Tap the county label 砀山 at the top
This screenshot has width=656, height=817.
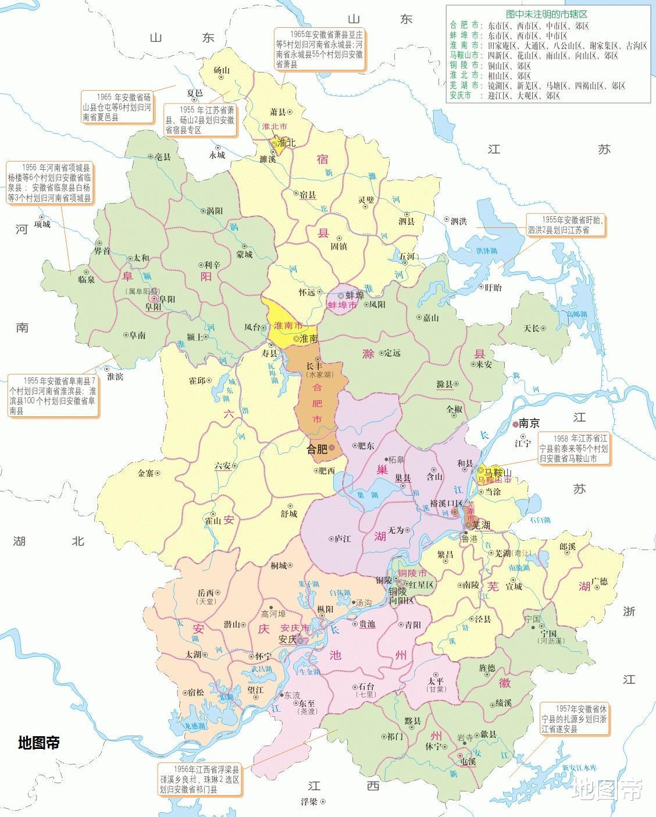coord(222,70)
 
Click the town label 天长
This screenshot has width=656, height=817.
coord(531,328)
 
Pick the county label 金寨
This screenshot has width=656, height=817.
coord(146,473)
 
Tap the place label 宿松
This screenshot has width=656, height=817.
coord(196,692)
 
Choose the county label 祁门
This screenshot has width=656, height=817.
coord(395,736)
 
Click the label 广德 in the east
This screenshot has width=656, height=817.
coord(600,581)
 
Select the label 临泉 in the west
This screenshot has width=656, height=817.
coord(86,280)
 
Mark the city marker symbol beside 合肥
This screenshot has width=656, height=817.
coord(331,448)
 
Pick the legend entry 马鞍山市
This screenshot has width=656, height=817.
coord(465,55)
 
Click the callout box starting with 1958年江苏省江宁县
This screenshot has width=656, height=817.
coord(575,448)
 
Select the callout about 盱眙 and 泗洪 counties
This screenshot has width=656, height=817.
coord(565,224)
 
